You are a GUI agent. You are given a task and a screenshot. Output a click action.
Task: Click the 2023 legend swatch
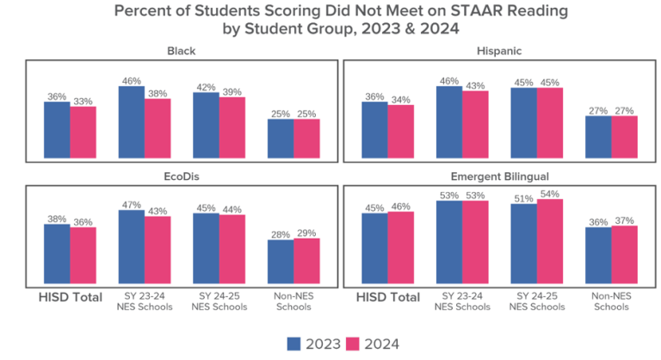(x=293, y=344)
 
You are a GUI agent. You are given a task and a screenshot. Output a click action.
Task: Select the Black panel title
(x=181, y=51)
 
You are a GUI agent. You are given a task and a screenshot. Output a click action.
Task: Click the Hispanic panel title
(x=498, y=51)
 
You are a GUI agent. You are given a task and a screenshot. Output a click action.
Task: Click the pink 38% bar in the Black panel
(x=158, y=129)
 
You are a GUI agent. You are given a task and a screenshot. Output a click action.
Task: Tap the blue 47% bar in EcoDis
(x=132, y=248)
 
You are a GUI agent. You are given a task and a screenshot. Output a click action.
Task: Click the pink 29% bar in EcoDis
(x=306, y=262)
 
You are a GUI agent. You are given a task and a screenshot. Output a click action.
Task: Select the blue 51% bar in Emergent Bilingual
(x=523, y=245)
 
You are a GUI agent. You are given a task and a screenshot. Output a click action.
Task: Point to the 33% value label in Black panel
(x=83, y=101)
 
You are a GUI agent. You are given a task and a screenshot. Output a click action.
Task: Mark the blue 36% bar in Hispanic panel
(x=374, y=131)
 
